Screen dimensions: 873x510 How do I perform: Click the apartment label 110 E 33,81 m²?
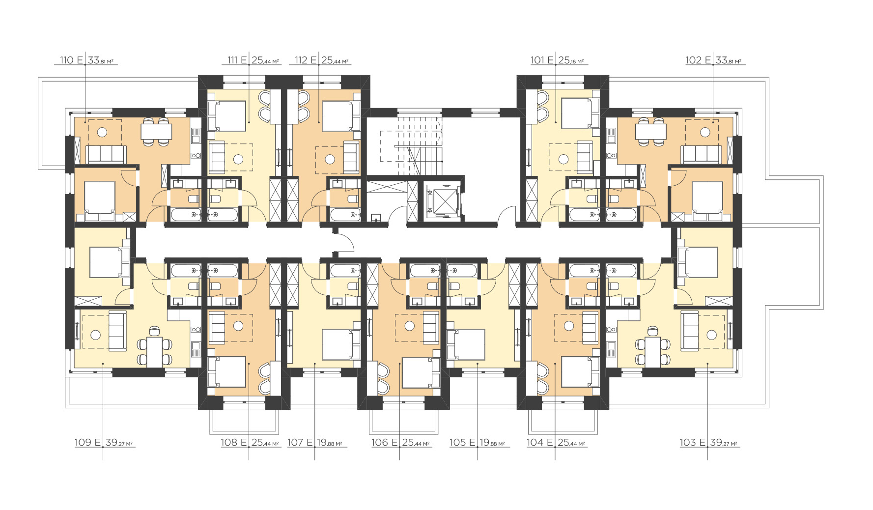click(x=86, y=60)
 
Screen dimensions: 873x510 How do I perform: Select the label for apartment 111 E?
click(x=253, y=60)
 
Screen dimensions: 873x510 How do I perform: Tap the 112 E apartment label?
click(x=322, y=60)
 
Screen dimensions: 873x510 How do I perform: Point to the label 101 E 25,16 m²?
click(x=557, y=60)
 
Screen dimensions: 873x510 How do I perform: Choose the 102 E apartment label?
click(x=713, y=60)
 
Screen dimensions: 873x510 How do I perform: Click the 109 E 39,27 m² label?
click(x=104, y=442)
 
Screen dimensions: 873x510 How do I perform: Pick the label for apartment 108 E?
click(x=250, y=442)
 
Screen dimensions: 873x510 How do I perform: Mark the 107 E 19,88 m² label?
click(x=315, y=442)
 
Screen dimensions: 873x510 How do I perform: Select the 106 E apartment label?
click(x=400, y=442)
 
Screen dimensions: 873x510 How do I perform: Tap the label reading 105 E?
click(x=462, y=442)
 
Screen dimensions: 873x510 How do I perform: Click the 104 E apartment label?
click(x=556, y=442)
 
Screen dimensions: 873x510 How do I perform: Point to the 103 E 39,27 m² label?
click(x=708, y=442)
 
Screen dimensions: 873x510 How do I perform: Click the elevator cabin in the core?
click(x=444, y=199)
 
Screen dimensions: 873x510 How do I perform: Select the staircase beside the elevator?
click(x=412, y=146)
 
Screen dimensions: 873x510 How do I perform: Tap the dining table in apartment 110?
click(x=156, y=132)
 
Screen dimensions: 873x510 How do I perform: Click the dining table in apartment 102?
click(x=650, y=132)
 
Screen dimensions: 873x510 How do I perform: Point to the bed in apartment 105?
click(x=466, y=344)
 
